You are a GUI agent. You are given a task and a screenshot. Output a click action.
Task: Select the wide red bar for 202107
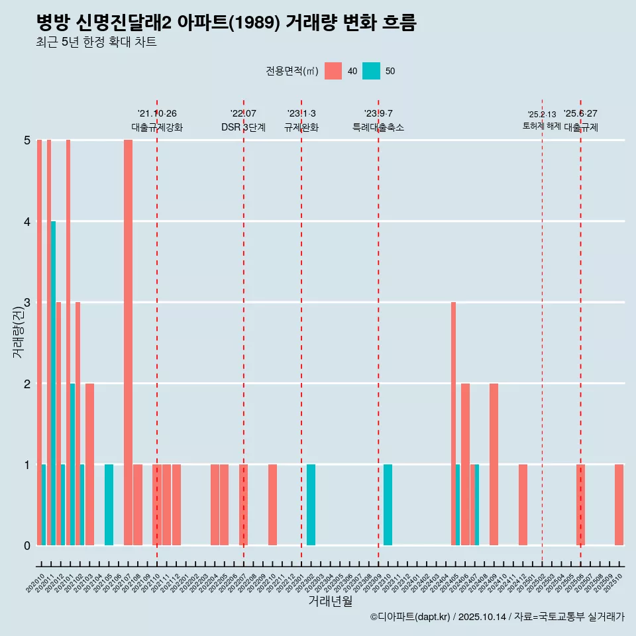[128, 342]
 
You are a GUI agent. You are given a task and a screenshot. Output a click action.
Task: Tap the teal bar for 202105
[109, 505]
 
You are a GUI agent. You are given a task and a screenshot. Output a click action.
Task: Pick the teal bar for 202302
[311, 505]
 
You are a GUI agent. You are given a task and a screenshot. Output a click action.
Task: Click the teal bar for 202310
[388, 505]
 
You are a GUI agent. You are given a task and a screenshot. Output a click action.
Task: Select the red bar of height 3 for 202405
[453, 424]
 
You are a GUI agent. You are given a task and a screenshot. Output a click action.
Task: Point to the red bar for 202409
[494, 464]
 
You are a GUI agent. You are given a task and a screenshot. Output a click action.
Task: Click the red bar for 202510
[619, 505]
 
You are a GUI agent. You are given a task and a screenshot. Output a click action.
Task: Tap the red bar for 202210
[272, 505]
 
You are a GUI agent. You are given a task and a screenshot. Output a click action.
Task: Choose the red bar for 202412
[523, 505]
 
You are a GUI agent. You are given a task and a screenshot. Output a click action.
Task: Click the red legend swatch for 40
[333, 71]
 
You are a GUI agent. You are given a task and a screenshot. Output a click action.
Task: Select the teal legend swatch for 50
[372, 71]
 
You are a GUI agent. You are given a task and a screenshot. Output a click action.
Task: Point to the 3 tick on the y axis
[27, 302]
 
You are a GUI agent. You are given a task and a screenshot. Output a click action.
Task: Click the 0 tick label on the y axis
[27, 545]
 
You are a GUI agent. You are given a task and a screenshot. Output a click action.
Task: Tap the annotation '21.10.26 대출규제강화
[157, 121]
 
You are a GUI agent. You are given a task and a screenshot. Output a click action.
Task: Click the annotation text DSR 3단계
[243, 127]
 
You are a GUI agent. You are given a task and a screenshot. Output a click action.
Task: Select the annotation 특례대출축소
[378, 127]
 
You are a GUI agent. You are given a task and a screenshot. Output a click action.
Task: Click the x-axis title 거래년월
[330, 601]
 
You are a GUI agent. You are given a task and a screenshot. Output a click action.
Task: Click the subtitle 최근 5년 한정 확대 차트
[96, 43]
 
